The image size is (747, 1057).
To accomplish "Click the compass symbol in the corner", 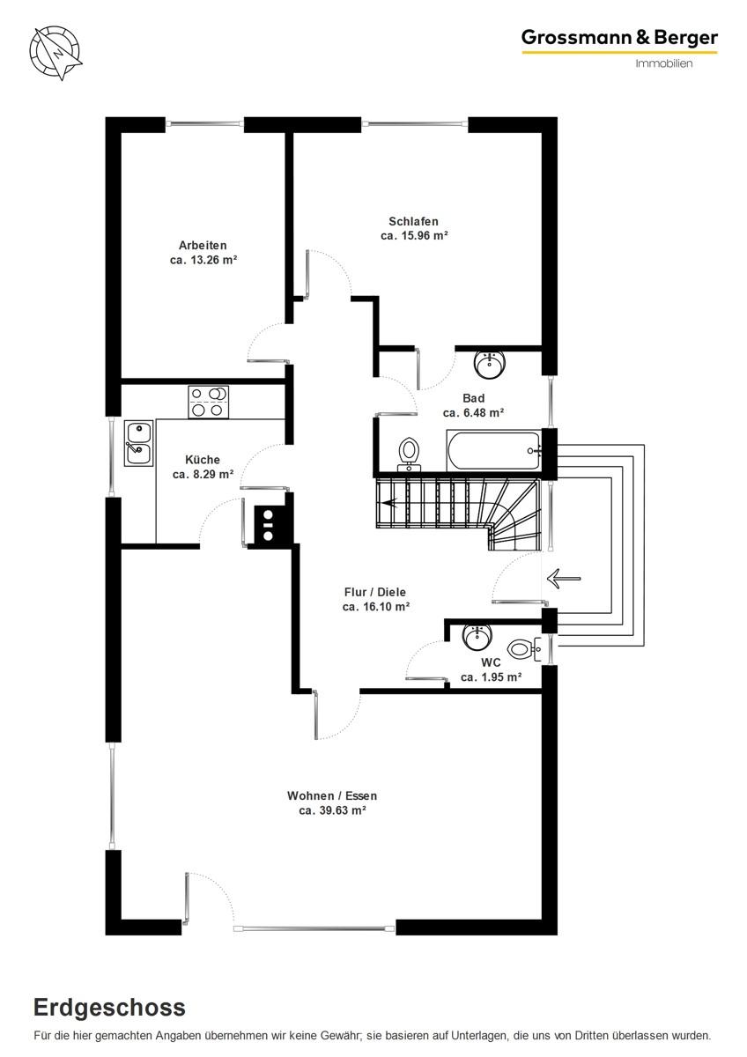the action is coord(55,52).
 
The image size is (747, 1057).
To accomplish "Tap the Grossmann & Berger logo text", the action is coord(619,38).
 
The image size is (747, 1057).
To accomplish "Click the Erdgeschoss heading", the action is coord(109,1009).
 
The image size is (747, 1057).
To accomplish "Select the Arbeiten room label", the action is coord(203,246).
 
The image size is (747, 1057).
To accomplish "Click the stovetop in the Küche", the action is coord(209,402).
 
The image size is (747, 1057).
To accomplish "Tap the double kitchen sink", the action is coord(138,443).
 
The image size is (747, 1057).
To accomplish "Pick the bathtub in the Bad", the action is coord(493,451).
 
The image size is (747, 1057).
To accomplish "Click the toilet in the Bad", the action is coord(409,455).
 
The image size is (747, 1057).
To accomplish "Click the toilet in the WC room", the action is coord(525,649).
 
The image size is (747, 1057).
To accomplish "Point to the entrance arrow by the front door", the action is coord(564,578).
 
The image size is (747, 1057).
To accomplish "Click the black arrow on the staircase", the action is coord(389,503).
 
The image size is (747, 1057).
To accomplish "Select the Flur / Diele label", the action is coord(375,592).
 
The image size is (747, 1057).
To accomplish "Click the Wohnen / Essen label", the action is coord(332,795).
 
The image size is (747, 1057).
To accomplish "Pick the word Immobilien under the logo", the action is coord(664,63).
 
